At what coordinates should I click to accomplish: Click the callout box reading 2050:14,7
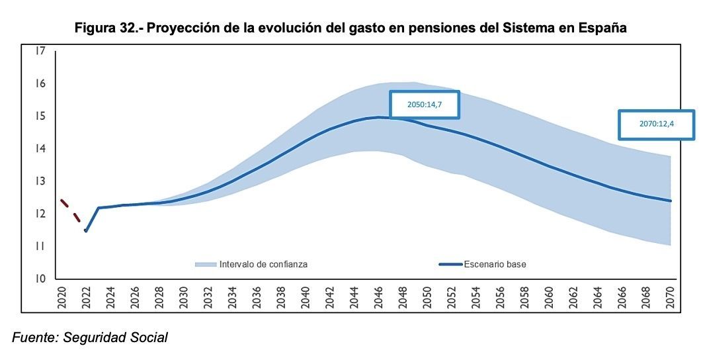(x=424, y=105)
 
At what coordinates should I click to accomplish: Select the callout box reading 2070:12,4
(x=657, y=124)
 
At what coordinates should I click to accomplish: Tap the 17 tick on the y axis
(x=41, y=51)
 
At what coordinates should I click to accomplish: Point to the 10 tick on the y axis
(x=41, y=279)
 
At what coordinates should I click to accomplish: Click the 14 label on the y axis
(x=41, y=149)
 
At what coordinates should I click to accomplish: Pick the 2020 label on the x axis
(x=62, y=298)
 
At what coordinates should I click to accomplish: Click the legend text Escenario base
(x=495, y=264)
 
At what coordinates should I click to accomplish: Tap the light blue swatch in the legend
(x=206, y=264)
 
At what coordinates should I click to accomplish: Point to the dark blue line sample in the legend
(x=450, y=264)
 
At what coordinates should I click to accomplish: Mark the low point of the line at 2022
(x=85, y=230)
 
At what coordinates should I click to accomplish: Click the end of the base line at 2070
(x=671, y=201)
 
